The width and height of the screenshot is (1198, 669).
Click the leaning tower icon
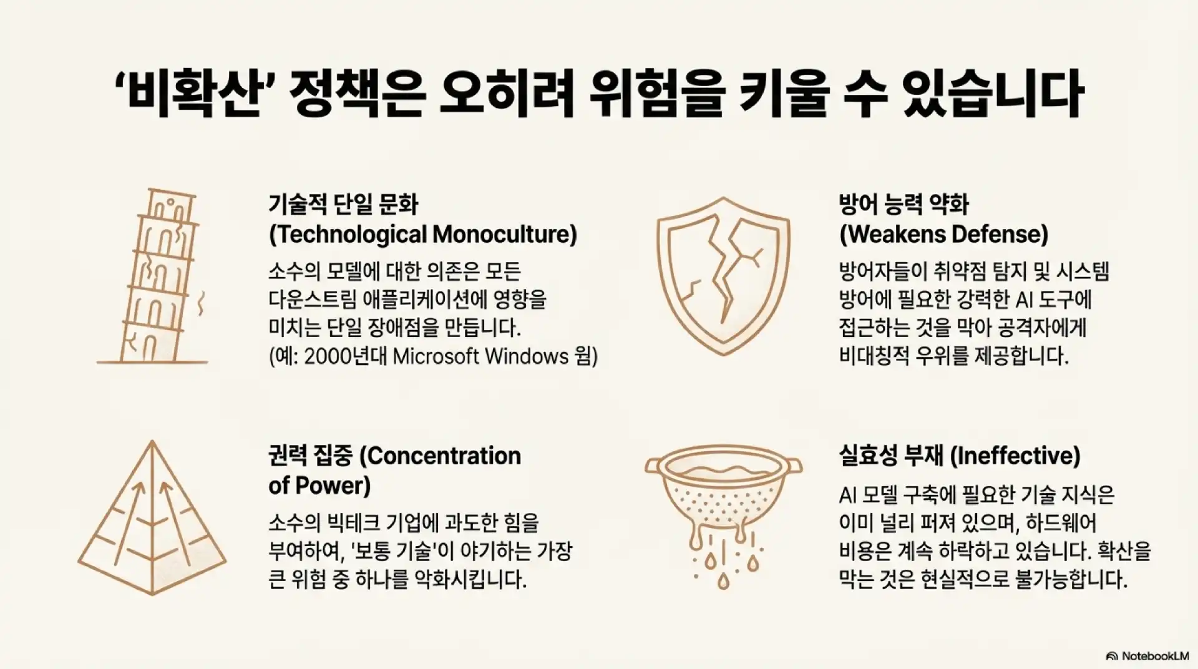tap(156, 278)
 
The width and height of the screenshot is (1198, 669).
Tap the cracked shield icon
tap(723, 275)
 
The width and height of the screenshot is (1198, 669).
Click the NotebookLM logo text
tap(1154, 656)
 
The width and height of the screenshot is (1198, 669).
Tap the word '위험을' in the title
tap(655, 95)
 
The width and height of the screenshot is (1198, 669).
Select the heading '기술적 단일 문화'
tap(344, 204)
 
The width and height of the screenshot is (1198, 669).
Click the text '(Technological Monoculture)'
tap(423, 235)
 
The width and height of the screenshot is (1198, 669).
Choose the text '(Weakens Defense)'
tap(943, 235)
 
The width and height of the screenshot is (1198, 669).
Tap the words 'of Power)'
tap(319, 486)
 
